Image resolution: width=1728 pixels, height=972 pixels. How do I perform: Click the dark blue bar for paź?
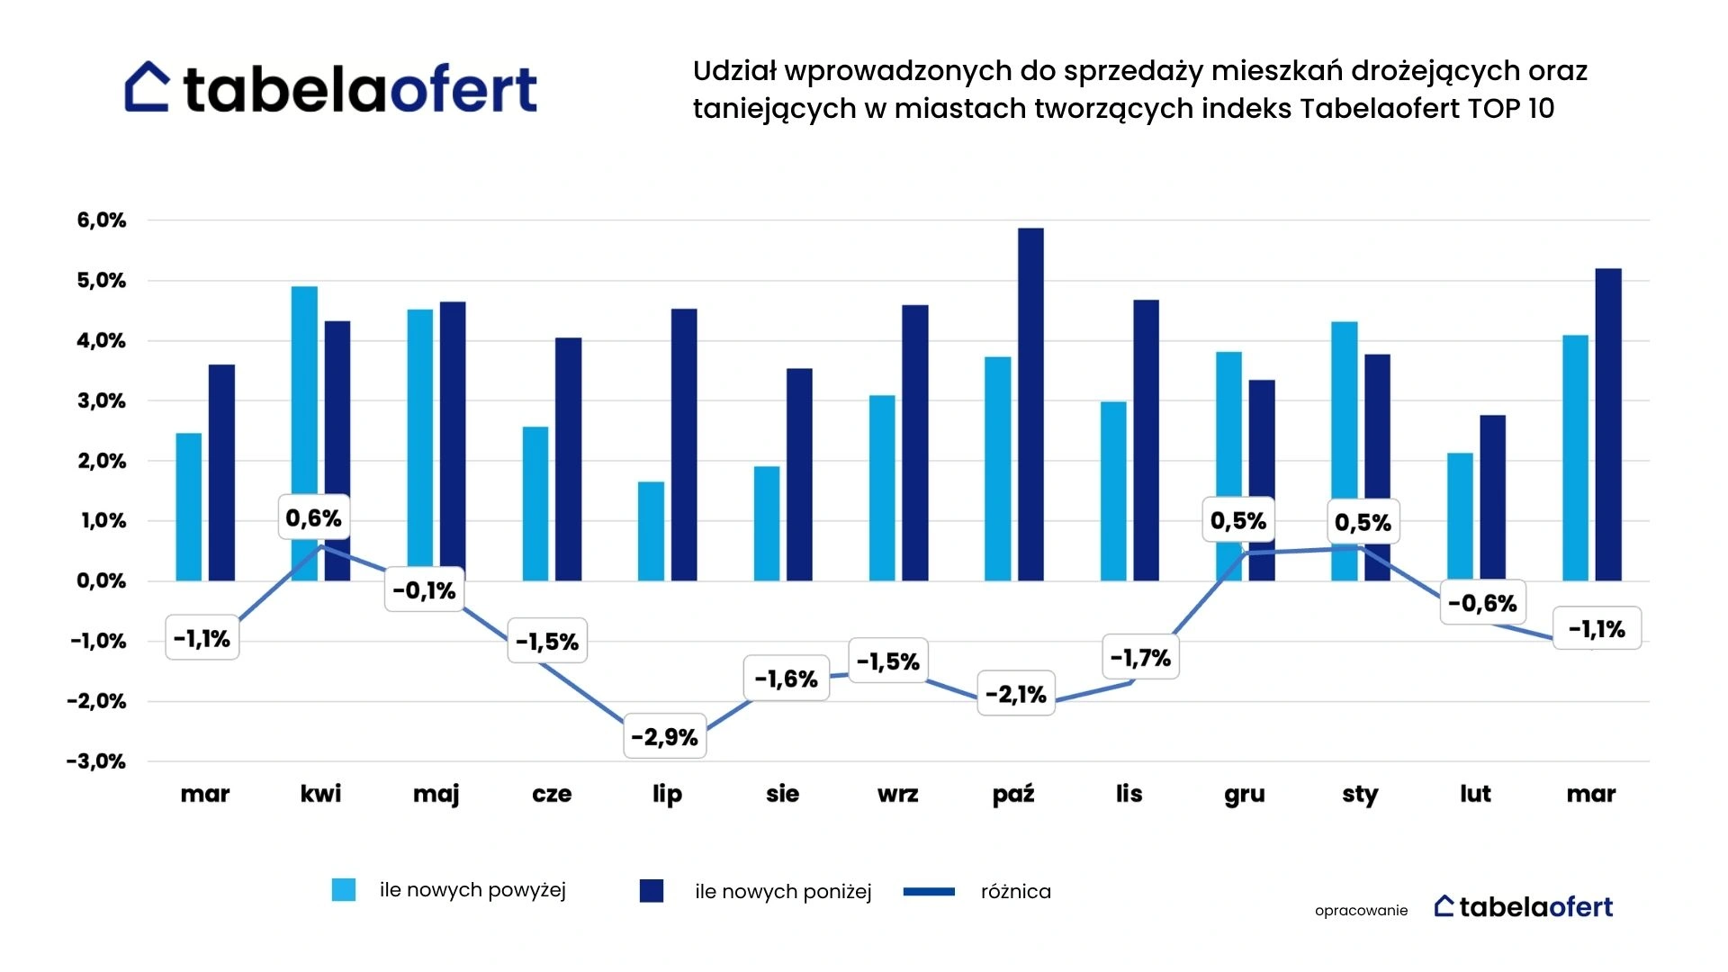coord(1030,405)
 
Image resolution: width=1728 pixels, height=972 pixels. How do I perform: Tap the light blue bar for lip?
coord(651,531)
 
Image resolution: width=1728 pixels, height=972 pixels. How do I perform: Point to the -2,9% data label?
coord(665,737)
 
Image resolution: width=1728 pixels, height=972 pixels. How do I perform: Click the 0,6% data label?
coord(313,517)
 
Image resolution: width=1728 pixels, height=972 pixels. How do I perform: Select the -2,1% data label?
coord(1015,694)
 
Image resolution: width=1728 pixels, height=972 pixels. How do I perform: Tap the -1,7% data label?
coord(1140,658)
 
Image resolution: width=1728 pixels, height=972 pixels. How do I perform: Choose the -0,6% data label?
coord(1482,603)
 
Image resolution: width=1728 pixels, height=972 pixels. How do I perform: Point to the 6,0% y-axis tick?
coord(102,220)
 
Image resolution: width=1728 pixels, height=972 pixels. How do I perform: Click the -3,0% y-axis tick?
coord(96,761)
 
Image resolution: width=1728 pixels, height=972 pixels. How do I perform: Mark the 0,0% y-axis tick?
coord(102,580)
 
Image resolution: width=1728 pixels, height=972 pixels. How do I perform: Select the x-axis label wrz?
coord(897,794)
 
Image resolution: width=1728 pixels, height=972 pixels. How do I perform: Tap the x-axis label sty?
coord(1359,794)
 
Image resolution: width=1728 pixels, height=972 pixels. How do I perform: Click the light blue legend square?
coord(344,890)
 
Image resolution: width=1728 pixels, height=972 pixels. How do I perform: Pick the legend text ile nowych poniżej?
coord(783,891)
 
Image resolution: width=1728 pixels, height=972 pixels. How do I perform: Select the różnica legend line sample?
coord(929,891)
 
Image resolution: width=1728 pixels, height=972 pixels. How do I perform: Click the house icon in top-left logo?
coord(147,87)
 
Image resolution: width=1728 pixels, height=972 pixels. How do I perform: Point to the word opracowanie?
coord(1361,910)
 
